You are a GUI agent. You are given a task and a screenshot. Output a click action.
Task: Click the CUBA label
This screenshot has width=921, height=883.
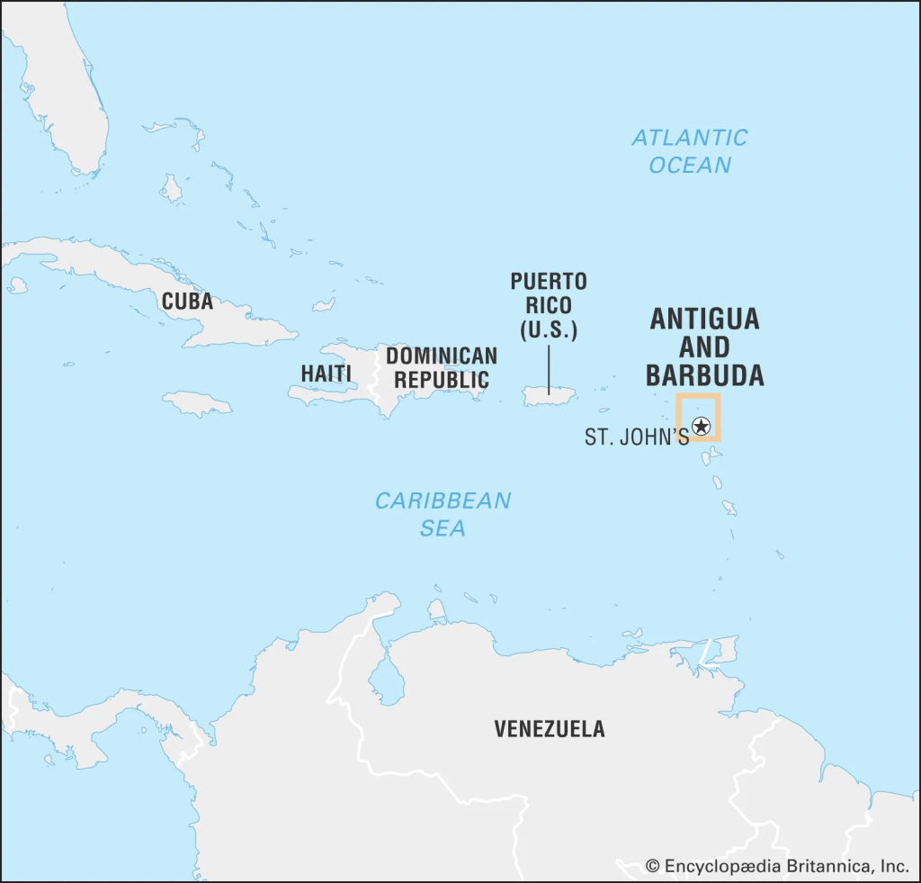pyautogui.click(x=187, y=302)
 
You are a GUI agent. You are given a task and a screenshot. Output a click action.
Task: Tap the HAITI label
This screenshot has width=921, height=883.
pyautogui.click(x=326, y=373)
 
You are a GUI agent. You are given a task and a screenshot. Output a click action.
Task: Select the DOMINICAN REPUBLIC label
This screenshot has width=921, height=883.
pyautogui.click(x=442, y=367)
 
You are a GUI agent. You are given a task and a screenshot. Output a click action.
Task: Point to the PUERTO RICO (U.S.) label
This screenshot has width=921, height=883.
pyautogui.click(x=549, y=306)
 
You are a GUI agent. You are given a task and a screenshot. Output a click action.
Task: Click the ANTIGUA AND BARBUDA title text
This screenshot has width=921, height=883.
pyautogui.click(x=705, y=347)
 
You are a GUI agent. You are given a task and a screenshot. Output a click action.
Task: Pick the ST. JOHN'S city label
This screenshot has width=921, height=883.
pyautogui.click(x=637, y=437)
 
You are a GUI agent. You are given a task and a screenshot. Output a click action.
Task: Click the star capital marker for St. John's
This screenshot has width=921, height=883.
pyautogui.click(x=702, y=427)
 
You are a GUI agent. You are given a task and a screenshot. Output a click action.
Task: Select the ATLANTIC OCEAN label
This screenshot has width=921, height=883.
pyautogui.click(x=690, y=151)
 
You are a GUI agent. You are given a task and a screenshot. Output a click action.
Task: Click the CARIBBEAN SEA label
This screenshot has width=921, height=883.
pyautogui.click(x=443, y=514)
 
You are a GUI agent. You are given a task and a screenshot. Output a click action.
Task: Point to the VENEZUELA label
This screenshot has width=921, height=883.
pyautogui.click(x=550, y=729)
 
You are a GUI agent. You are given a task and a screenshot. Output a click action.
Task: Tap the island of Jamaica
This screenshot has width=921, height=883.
pyautogui.click(x=197, y=402)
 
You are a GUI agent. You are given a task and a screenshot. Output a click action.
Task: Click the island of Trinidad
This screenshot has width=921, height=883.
pyautogui.click(x=722, y=650)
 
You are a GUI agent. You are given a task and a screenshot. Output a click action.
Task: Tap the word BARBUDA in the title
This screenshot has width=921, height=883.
pyautogui.click(x=705, y=375)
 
